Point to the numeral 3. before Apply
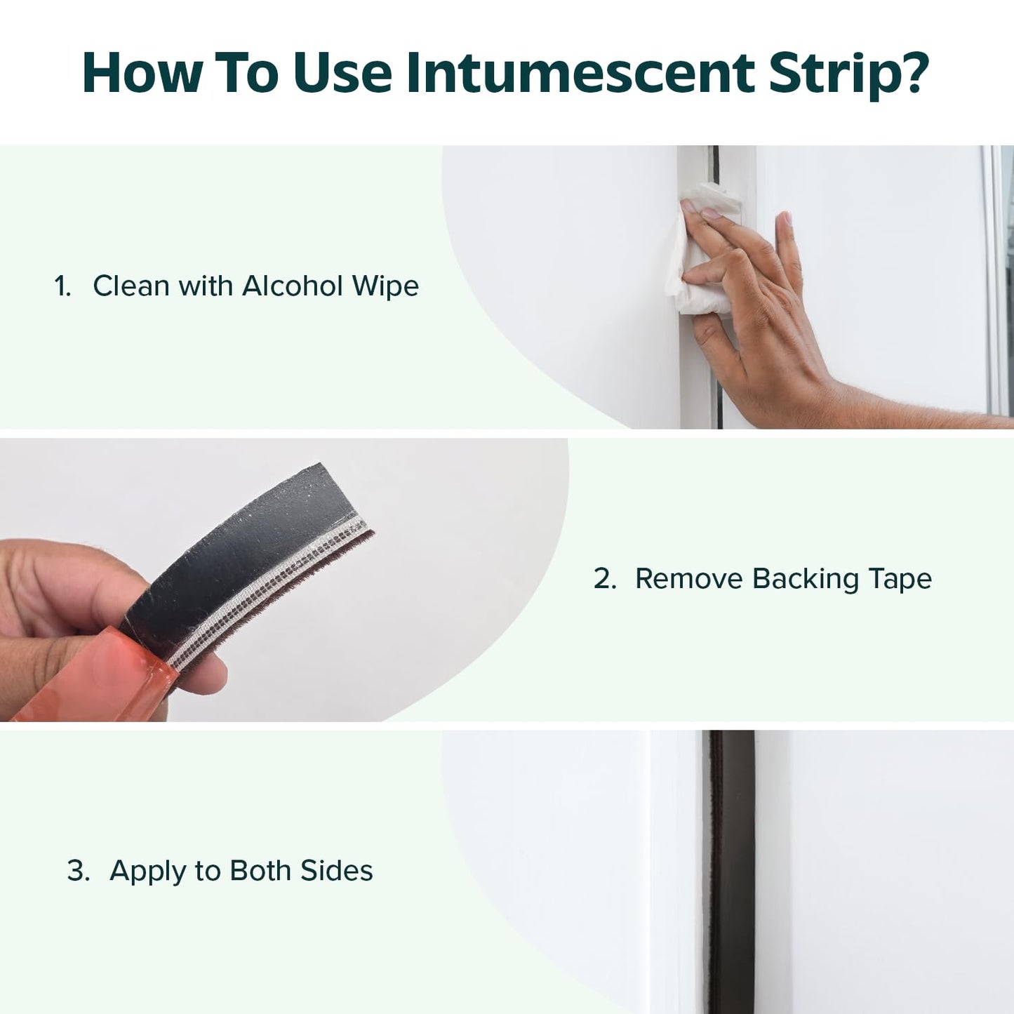coord(79,870)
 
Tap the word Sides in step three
coord(337,870)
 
